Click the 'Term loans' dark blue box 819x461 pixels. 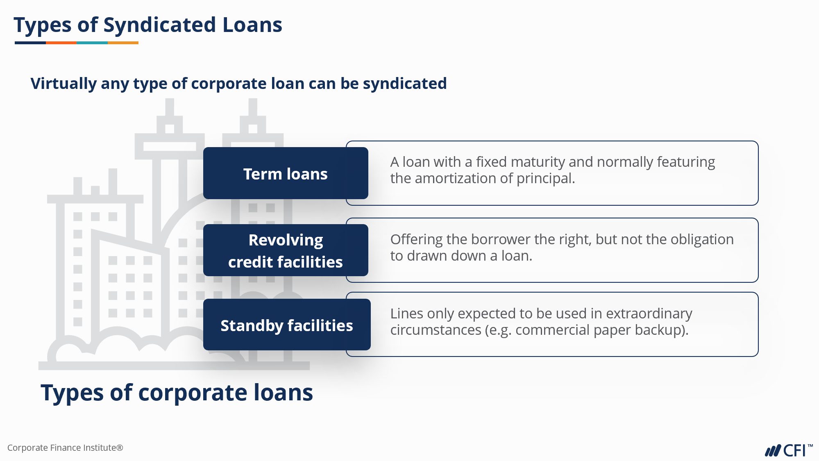click(286, 173)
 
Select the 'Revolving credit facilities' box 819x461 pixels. click(286, 250)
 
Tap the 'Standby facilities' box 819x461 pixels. click(287, 325)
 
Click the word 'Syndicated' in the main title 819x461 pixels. click(159, 25)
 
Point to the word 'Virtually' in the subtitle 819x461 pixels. click(64, 84)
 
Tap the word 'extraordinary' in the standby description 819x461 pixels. click(649, 314)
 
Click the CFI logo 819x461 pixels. click(788, 450)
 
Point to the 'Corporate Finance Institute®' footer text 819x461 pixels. click(65, 447)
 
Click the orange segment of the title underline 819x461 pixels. click(61, 43)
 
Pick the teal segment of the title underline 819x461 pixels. click(92, 43)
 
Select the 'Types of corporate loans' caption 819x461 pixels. click(177, 393)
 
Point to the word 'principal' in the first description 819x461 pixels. click(545, 179)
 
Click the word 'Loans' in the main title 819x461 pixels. click(252, 25)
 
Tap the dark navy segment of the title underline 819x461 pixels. click(30, 43)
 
